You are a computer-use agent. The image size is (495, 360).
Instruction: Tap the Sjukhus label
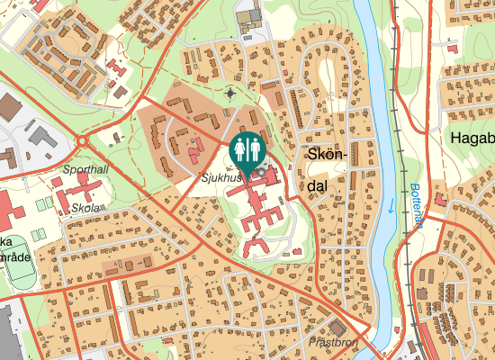tap(221, 178)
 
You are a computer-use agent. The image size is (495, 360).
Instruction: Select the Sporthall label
tap(85, 169)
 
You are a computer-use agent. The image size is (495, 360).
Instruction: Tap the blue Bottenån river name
tap(416, 208)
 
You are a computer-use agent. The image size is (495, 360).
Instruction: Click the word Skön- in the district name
tap(327, 155)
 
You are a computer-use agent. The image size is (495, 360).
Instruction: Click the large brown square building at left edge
tap(9, 107)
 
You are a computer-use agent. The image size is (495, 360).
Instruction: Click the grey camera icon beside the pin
tap(261, 171)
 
